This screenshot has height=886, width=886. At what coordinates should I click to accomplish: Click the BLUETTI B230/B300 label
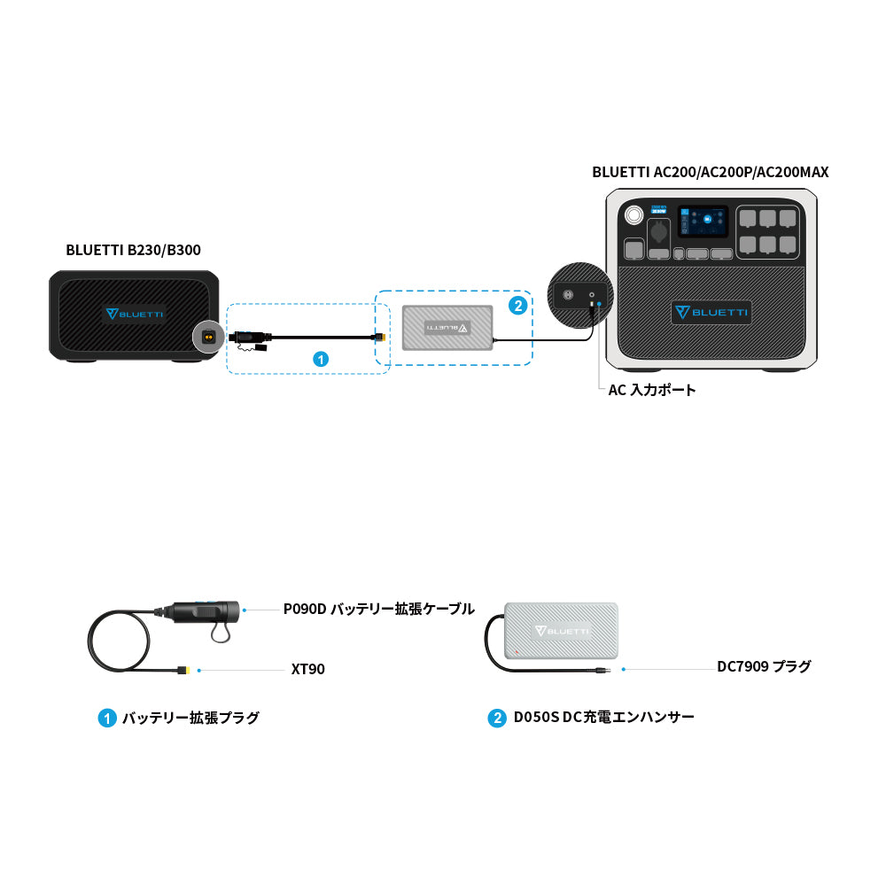(x=133, y=250)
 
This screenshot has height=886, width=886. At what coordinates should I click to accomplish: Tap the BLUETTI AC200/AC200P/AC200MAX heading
(x=710, y=172)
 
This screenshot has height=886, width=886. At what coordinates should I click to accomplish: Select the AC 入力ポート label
(x=652, y=390)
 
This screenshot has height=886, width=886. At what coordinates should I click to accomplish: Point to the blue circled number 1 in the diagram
(x=322, y=359)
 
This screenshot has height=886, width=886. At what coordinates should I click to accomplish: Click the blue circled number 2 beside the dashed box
(x=518, y=306)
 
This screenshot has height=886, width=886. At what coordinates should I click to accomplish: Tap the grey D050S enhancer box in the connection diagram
(x=447, y=327)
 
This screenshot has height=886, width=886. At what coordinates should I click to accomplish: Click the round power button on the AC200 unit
(x=634, y=216)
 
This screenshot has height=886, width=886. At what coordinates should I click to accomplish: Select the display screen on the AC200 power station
(x=703, y=221)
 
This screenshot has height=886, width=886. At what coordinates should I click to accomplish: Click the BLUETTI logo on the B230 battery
(x=134, y=314)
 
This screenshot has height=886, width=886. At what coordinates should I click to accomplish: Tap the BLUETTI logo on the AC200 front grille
(x=711, y=312)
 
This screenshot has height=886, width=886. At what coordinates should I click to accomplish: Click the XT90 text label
(x=307, y=670)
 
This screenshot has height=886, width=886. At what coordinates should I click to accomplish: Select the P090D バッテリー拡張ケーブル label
(x=378, y=610)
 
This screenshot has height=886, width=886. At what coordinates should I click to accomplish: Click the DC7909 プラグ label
(x=764, y=666)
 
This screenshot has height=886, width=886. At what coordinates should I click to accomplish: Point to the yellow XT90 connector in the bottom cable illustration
(x=184, y=670)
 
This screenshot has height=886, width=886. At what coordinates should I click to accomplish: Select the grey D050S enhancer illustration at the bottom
(x=561, y=631)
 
